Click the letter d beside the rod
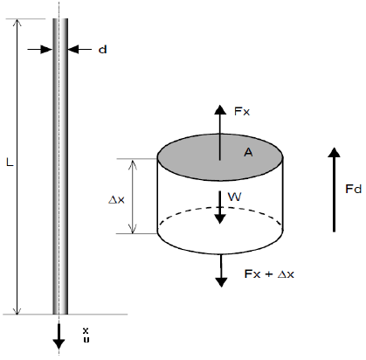(x=103, y=50)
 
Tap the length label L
(x=10, y=163)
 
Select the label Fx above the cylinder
(x=242, y=111)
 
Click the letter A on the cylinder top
(x=248, y=152)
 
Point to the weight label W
(x=235, y=197)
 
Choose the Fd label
(x=354, y=189)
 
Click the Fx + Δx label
(x=269, y=274)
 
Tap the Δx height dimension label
(x=116, y=200)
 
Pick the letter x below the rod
(x=86, y=330)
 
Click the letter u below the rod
(x=86, y=339)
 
